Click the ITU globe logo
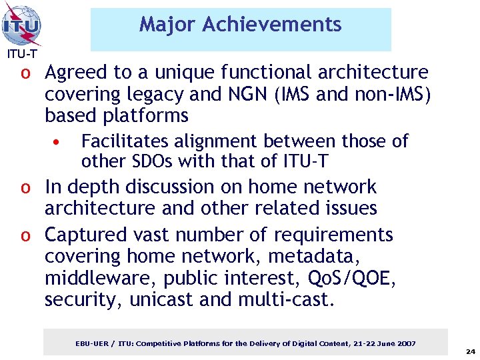pyautogui.click(x=22, y=25)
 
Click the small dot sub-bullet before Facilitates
pyautogui.click(x=58, y=142)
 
